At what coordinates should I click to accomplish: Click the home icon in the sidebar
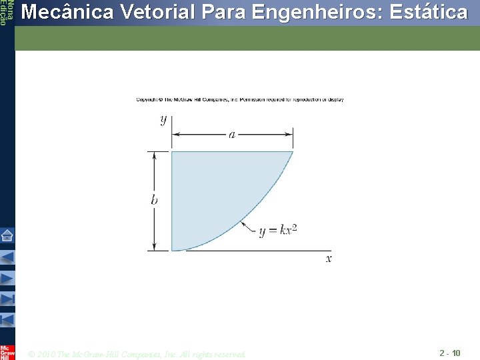coord(7,235)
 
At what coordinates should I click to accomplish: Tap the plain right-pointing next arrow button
coord(7,277)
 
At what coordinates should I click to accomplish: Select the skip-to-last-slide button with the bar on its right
coord(7,298)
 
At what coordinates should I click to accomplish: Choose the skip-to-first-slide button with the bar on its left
coord(7,319)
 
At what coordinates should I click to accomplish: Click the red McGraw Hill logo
coord(7,351)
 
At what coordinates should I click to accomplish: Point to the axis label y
coord(163,120)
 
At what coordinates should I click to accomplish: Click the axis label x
coord(329,258)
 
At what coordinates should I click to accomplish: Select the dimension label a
coord(232,135)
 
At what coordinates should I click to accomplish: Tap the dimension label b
coord(154,200)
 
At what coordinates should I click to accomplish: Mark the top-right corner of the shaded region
coord(293,152)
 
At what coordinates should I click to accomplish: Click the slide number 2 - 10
coord(449,352)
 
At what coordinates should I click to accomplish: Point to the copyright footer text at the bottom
coord(137,354)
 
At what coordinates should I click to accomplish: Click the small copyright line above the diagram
coord(240,100)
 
